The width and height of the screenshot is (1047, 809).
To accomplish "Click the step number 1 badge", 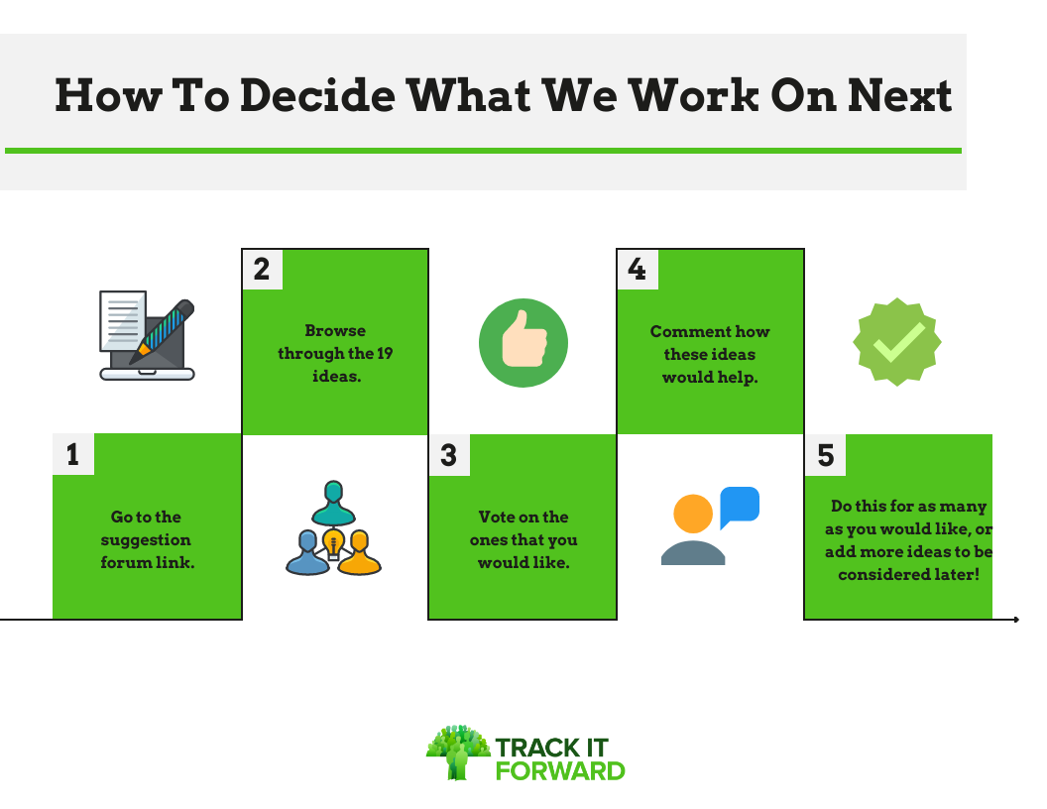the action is [x=73, y=454].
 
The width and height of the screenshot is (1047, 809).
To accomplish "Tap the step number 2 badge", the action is [x=263, y=269].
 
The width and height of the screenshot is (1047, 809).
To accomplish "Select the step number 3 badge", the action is [x=449, y=455].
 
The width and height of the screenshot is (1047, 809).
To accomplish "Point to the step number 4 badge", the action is [x=638, y=269].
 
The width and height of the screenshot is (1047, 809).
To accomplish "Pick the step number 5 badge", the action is [x=825, y=455].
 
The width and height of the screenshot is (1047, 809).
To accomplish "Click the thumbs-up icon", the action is [x=523, y=342].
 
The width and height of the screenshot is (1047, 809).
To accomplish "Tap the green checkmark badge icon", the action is [x=897, y=342].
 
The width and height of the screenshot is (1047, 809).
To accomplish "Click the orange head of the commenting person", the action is [x=693, y=514].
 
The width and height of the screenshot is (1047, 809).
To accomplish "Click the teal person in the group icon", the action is [x=333, y=503].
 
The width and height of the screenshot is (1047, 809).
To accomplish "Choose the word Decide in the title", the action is [x=318, y=95].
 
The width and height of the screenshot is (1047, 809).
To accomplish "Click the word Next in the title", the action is [x=899, y=95].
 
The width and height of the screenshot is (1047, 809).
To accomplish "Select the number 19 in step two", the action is [x=385, y=353].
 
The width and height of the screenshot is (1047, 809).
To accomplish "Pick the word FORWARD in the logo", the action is [x=560, y=771].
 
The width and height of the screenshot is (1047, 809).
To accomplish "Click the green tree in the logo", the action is [x=458, y=752].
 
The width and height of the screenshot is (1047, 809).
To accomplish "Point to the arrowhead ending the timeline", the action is [x=1016, y=620].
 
